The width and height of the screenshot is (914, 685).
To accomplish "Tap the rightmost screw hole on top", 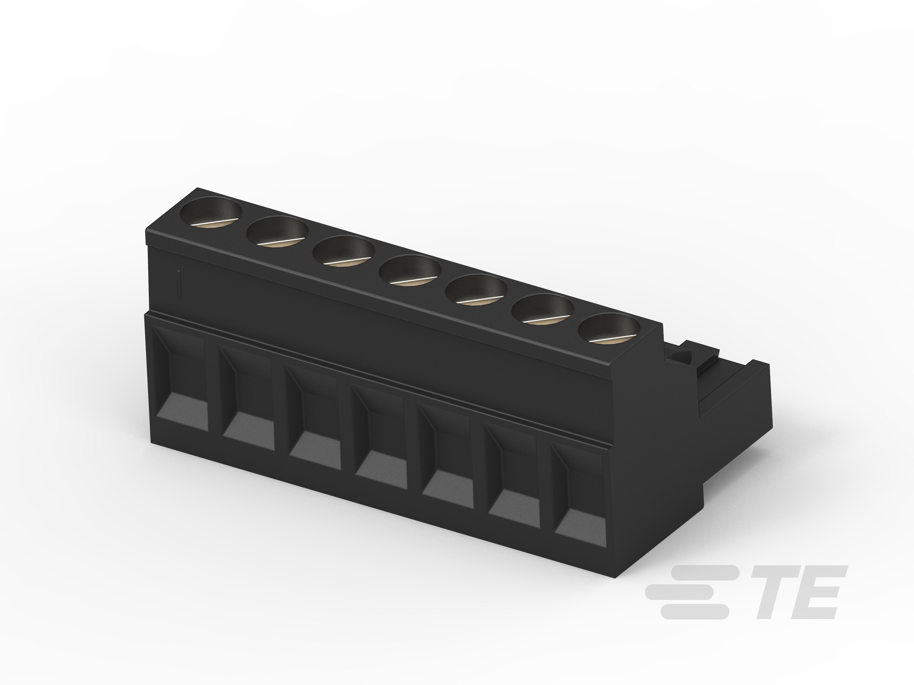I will pyautogui.click(x=609, y=328).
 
